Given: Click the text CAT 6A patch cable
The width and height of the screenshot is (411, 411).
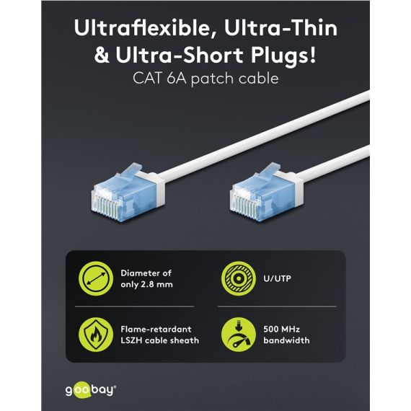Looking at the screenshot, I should tap(205, 79).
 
